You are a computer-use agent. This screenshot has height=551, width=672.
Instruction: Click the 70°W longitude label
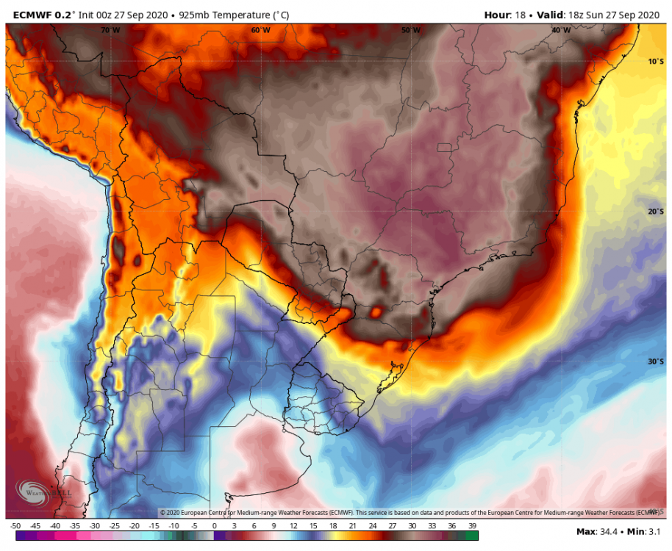coord(110,30)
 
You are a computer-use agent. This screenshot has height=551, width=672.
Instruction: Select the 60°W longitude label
coord(260,30)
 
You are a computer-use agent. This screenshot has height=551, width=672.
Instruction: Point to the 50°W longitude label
coord(411,30)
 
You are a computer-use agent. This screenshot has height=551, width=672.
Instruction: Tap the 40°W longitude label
coord(561,30)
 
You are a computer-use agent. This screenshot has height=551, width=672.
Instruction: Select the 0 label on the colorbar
coord(214,526)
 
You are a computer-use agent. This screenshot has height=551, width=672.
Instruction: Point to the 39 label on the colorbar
coord(471,526)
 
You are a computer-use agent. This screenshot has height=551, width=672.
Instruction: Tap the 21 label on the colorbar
coord(352,526)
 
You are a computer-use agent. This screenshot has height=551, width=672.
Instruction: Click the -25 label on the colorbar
coord(115,526)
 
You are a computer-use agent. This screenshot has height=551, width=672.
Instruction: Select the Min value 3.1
coord(654,531)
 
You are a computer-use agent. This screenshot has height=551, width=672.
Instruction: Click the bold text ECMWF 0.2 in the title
coord(36,14)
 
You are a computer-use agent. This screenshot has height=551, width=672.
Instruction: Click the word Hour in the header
coord(498,14)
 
